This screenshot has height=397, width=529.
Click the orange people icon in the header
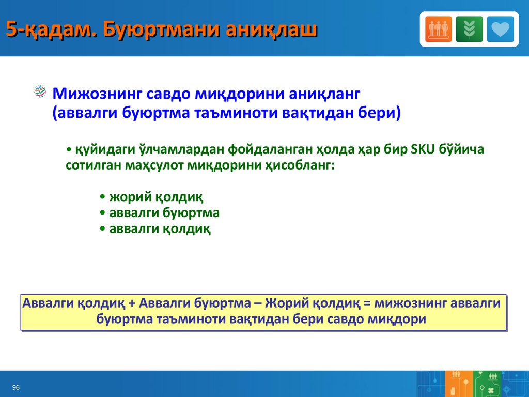point(438,29)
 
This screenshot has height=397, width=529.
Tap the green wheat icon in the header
point(469,29)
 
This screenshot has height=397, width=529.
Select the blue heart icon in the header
point(500,29)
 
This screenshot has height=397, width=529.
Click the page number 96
point(16,387)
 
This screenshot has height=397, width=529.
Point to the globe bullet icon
point(40,91)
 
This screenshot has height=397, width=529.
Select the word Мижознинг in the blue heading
point(97,94)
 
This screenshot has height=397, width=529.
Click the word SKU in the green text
point(423,149)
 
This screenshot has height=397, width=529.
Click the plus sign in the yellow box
point(132,303)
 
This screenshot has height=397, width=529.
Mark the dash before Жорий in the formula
point(258,303)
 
